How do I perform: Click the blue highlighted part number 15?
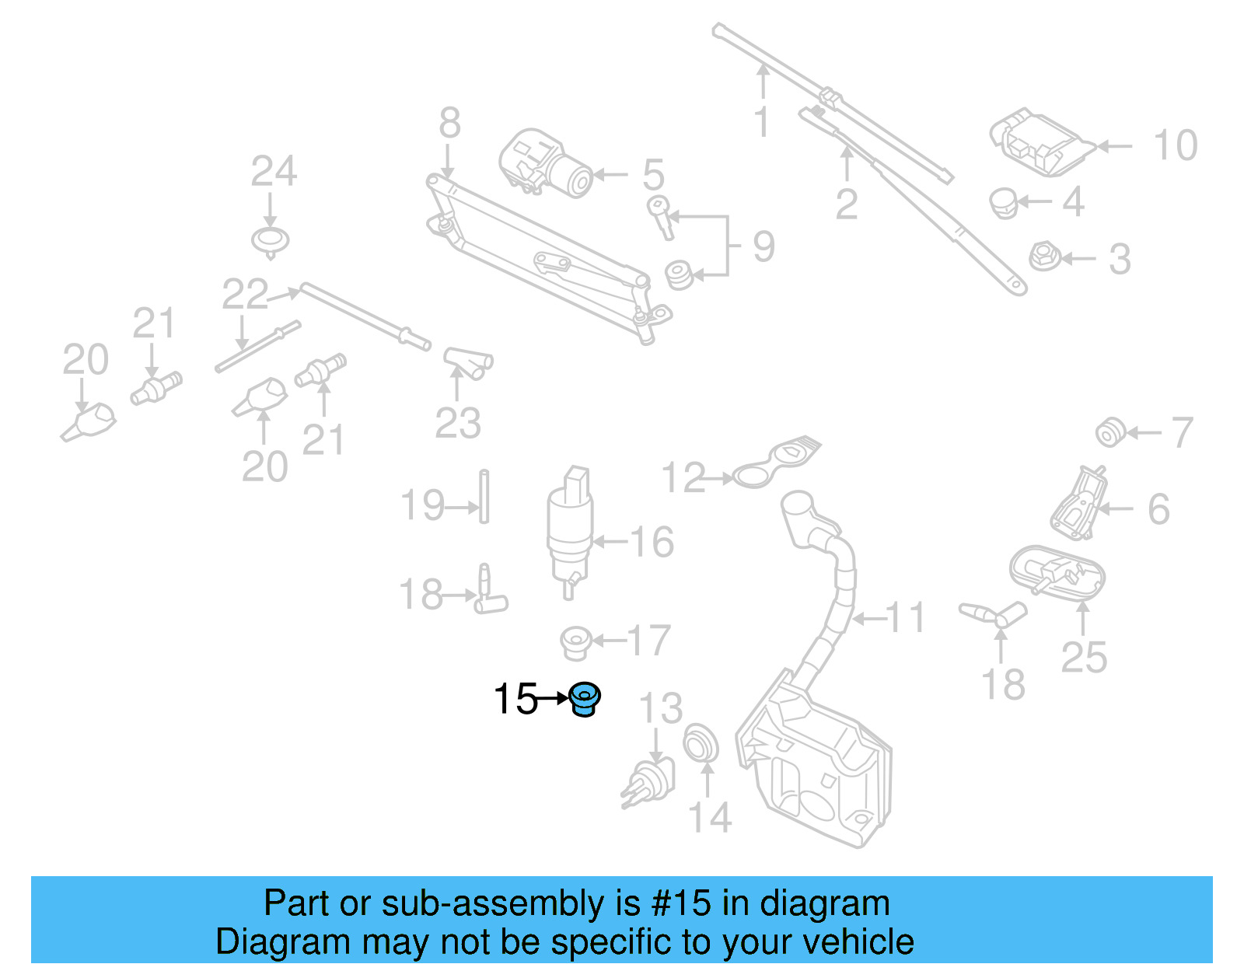pyautogui.click(x=584, y=698)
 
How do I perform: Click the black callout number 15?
pyautogui.click(x=515, y=698)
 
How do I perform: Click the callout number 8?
pyautogui.click(x=449, y=123)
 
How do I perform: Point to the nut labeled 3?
pyautogui.click(x=1042, y=257)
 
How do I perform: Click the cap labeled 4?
pyautogui.click(x=1004, y=203)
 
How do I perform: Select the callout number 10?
pyautogui.click(x=1175, y=145)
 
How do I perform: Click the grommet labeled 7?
pyautogui.click(x=1109, y=432)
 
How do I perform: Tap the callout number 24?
pyautogui.click(x=274, y=171)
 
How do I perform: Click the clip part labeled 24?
pyautogui.click(x=271, y=242)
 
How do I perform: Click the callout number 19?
pyautogui.click(x=422, y=505)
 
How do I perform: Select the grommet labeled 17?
pyautogui.click(x=576, y=642)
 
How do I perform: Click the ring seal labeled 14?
pyautogui.click(x=701, y=743)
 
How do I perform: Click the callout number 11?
pyautogui.click(x=906, y=617)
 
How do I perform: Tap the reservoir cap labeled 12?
pyautogui.click(x=774, y=465)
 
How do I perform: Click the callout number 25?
pyautogui.click(x=1084, y=658)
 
